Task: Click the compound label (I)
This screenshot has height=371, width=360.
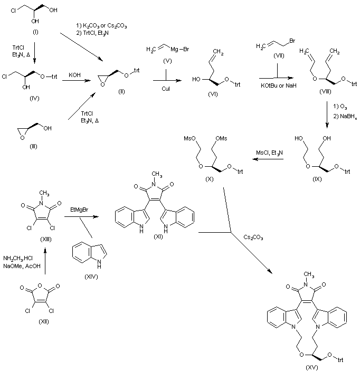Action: [35, 32]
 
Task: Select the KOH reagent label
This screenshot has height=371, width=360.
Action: [74, 75]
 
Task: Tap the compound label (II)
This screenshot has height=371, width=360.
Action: [121, 92]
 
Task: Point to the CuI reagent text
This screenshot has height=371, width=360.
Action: [166, 89]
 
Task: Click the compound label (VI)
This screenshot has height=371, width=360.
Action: [213, 94]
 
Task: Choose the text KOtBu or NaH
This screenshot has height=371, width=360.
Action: [278, 85]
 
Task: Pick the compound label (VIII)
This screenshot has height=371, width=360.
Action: [325, 92]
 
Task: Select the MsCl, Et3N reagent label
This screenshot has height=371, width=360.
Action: [269, 153]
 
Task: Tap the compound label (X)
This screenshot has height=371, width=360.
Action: [209, 179]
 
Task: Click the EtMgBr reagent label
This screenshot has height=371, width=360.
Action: [79, 210]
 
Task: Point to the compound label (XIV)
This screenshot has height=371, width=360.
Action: [91, 277]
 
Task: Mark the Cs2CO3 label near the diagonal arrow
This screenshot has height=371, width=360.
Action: [253, 237]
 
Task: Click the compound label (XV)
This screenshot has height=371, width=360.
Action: [312, 367]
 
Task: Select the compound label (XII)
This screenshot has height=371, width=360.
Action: [44, 321]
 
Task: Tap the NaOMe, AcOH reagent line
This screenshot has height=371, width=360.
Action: [22, 266]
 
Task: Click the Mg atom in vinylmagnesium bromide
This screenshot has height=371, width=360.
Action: [174, 49]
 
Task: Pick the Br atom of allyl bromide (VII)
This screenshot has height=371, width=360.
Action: [292, 41]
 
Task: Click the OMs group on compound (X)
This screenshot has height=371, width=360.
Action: [221, 138]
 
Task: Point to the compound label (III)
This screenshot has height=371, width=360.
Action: [33, 147]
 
